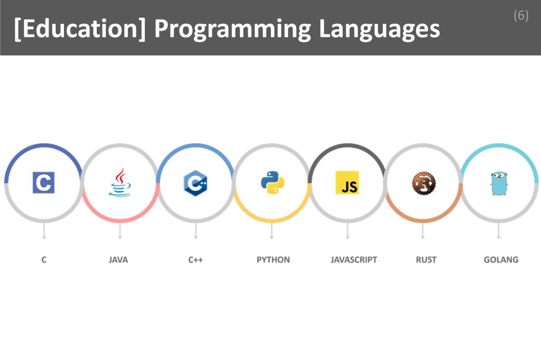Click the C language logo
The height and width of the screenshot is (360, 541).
coord(43,183)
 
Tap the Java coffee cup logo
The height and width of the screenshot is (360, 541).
coord(119,183)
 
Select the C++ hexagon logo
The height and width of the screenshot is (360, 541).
coord(195,183)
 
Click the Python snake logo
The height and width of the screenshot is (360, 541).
coord(272,183)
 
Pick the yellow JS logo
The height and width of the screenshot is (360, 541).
coord(347,183)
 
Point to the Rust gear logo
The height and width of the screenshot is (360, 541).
coord(423,183)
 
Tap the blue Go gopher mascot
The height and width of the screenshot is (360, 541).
coord(499,183)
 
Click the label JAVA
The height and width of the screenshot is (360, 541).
coord(118,260)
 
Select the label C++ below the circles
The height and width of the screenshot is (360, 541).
coord(195,260)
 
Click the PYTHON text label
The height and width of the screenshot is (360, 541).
coord(273,260)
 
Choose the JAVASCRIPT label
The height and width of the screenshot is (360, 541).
coord(354,260)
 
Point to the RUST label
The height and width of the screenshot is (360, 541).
coord(426,260)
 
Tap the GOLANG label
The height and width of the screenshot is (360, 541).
coord(501,260)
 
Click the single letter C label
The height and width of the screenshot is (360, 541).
coord(44,260)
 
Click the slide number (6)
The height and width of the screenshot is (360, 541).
coord(520,15)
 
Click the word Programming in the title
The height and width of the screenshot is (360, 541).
coord(232,30)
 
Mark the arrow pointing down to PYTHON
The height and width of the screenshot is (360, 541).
coord(272,231)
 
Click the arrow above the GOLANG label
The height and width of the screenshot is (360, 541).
coord(499,231)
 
